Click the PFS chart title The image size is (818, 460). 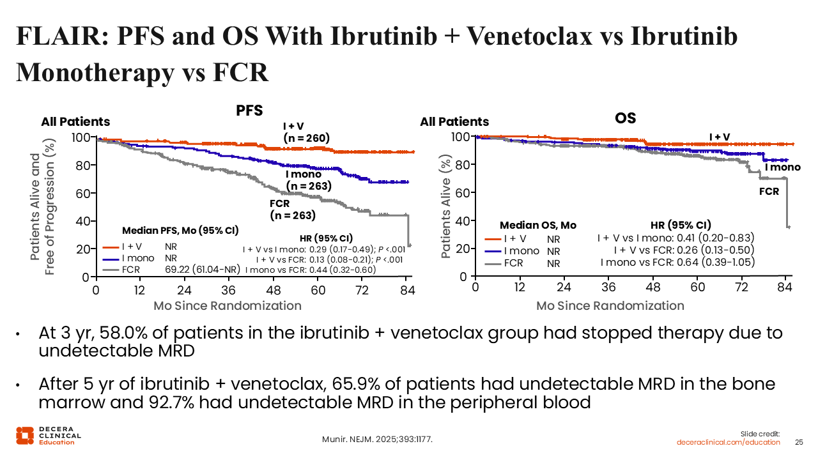point(249,110)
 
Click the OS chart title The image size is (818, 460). point(625,118)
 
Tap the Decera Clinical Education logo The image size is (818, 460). point(49,435)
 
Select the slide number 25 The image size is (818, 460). point(798,442)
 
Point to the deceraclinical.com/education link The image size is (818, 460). point(729,442)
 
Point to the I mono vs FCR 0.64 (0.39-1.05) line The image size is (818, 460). point(677,262)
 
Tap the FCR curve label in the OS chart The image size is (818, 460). point(769,190)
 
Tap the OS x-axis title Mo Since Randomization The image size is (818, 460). point(610,305)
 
